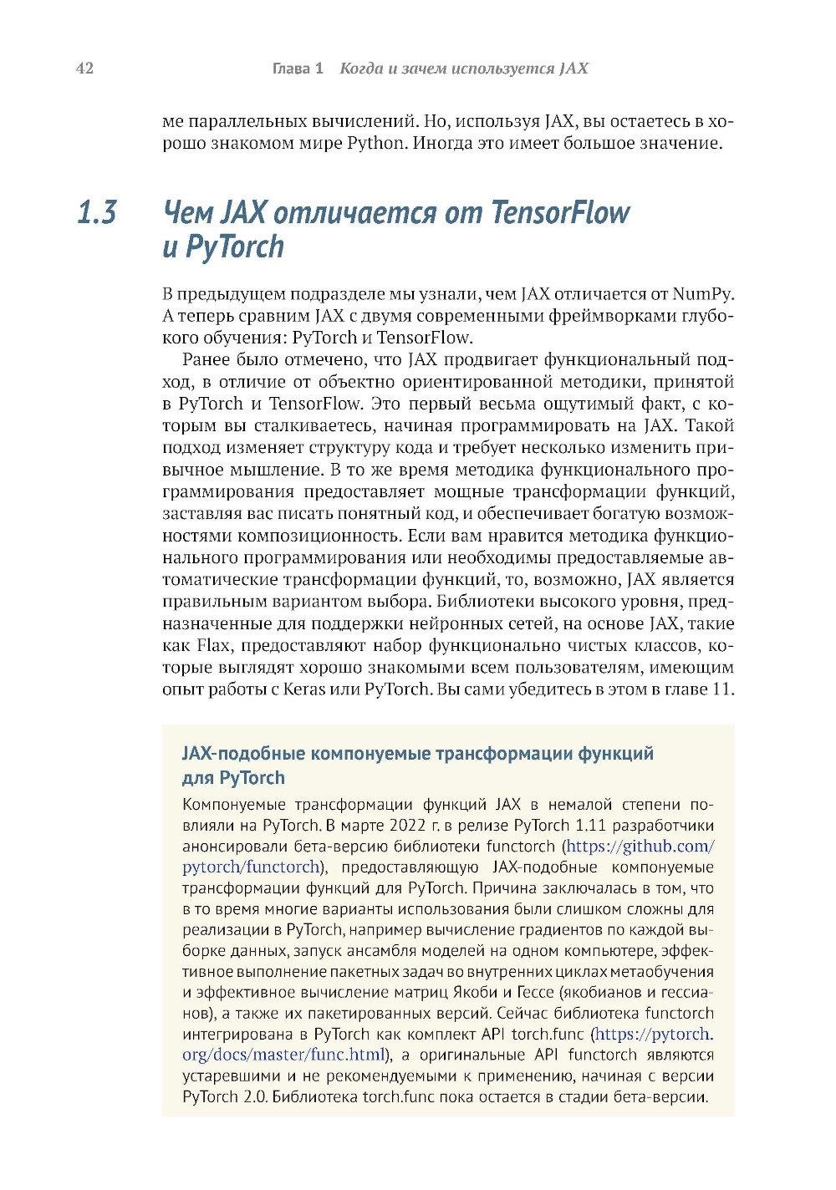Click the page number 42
[84, 69]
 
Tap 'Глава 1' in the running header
[298, 69]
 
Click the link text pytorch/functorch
[251, 866]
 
